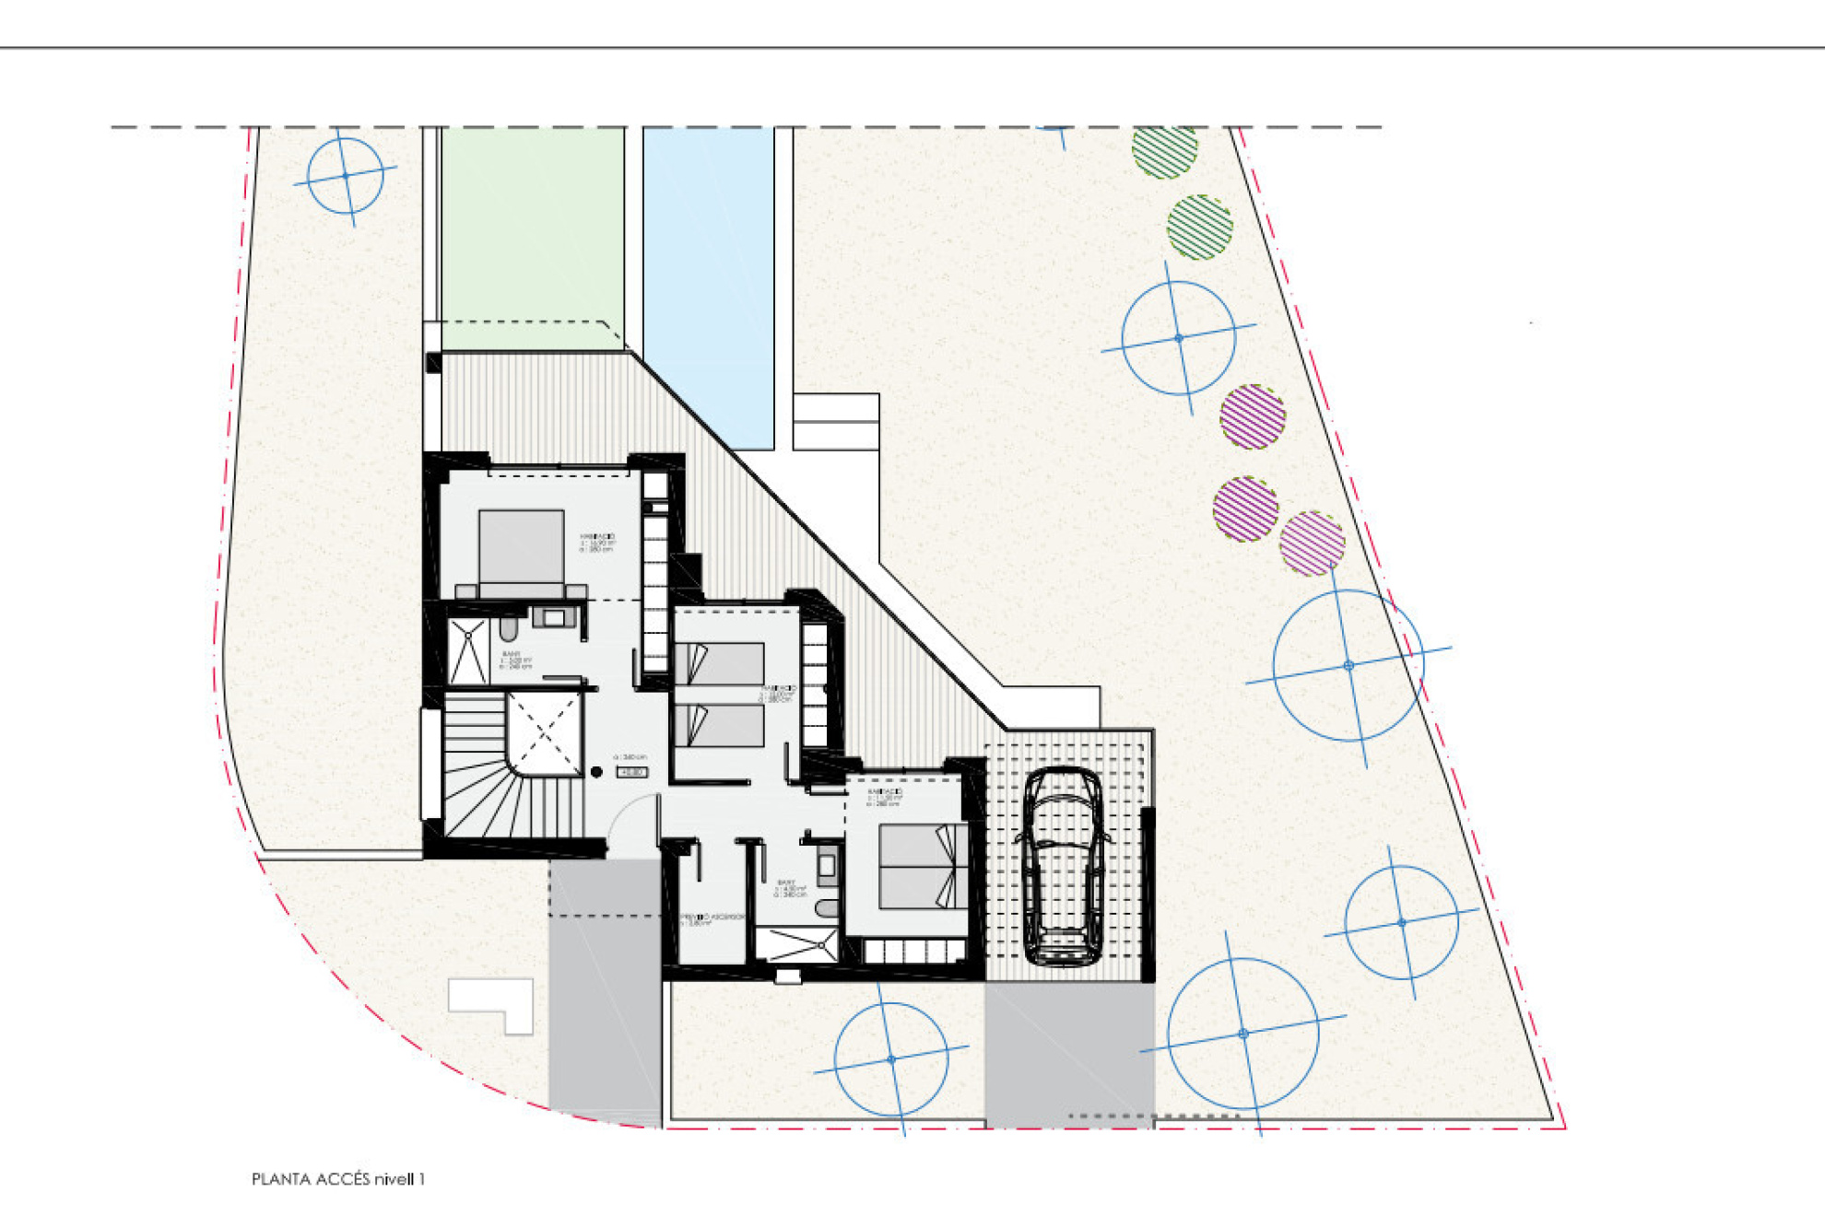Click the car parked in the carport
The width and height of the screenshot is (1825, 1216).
coord(1063,866)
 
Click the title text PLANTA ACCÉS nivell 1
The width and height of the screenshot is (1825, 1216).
coord(337,1179)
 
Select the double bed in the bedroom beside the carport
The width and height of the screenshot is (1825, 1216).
coord(922,866)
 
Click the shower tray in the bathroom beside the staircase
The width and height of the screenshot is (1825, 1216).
coord(468,650)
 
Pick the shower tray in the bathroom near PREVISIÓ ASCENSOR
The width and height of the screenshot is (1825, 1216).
coord(796,944)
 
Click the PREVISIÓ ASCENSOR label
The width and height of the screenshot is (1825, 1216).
coord(712,918)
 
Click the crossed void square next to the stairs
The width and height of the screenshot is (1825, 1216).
coord(544,733)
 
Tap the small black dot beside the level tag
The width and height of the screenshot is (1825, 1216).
coord(596,772)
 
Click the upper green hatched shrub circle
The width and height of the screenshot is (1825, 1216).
coord(1164,151)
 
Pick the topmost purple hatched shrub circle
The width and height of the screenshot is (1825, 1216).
coord(1252,416)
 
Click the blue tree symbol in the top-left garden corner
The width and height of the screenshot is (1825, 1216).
coord(345,175)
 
